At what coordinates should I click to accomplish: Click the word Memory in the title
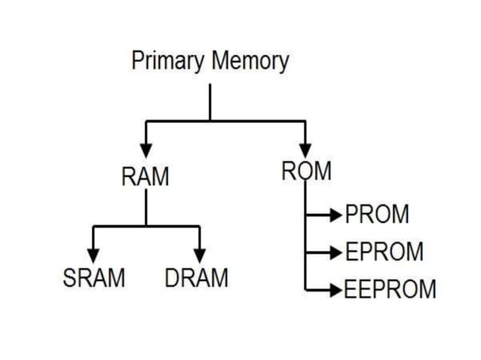pyautogui.click(x=250, y=62)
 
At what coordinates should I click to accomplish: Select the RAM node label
pyautogui.click(x=146, y=178)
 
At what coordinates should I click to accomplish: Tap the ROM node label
pyautogui.click(x=306, y=172)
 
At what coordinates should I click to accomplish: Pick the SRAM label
pyautogui.click(x=93, y=278)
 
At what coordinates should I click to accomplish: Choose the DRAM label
pyautogui.click(x=197, y=278)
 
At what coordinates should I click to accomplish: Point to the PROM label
pyautogui.click(x=377, y=215)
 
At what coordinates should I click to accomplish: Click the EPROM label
pyautogui.click(x=384, y=252)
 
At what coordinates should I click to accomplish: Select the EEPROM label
pyautogui.click(x=390, y=289)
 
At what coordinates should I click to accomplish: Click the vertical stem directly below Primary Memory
pyautogui.click(x=210, y=102)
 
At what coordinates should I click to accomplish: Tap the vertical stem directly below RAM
pyautogui.click(x=146, y=207)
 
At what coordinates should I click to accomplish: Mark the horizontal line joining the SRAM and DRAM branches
pyautogui.click(x=146, y=226)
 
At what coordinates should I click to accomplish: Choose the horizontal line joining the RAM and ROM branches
pyautogui.click(x=226, y=121)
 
